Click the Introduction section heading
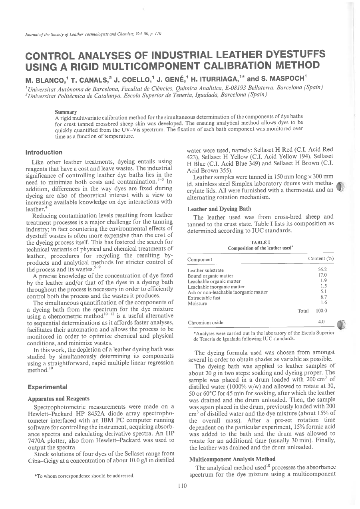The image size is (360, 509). pos(44,152)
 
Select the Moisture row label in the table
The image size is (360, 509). pos(197,303)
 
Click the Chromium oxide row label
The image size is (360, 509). pos(205,322)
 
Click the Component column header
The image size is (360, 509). pos(200,259)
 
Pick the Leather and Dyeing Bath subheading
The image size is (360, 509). pos(215,208)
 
